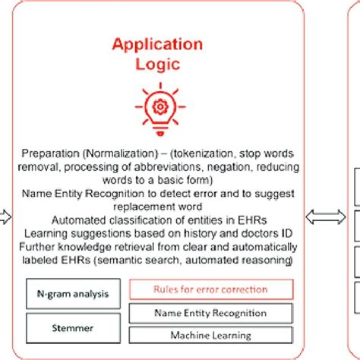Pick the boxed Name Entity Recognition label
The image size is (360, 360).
[210, 312]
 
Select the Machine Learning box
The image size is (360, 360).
[210, 335]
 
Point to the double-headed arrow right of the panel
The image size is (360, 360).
[324, 217]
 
